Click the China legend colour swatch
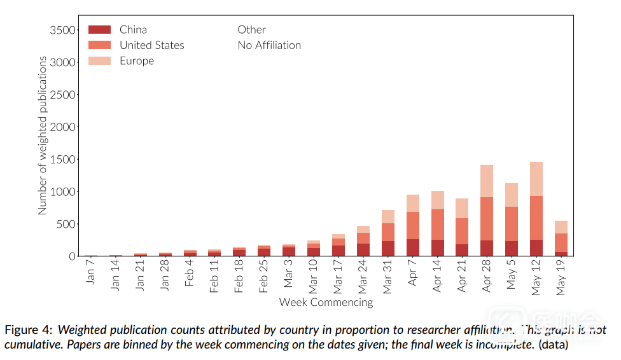(99, 29)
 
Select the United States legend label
(151, 45)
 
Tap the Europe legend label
(137, 61)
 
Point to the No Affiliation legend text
(269, 45)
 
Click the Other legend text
(251, 29)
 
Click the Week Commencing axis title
(326, 302)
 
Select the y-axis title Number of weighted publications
(43, 135)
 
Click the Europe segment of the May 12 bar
(536, 179)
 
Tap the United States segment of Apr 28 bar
(487, 219)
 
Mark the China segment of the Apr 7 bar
(413, 247)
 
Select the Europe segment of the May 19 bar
(561, 227)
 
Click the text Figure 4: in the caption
(29, 330)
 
